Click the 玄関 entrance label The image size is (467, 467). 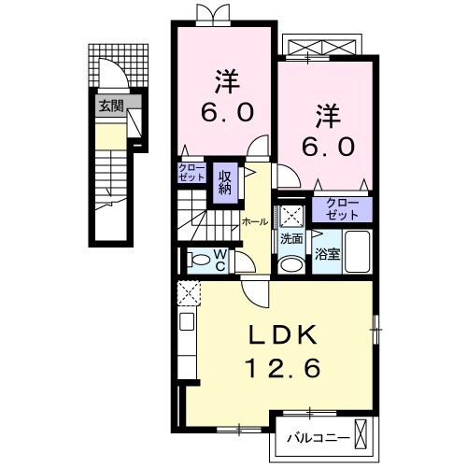111,106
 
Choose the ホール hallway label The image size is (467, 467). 255,221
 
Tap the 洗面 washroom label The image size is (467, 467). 291,239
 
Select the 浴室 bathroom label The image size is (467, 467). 327,251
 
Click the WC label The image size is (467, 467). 219,258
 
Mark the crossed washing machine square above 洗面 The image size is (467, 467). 291,215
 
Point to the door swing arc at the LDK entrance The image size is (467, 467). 254,293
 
